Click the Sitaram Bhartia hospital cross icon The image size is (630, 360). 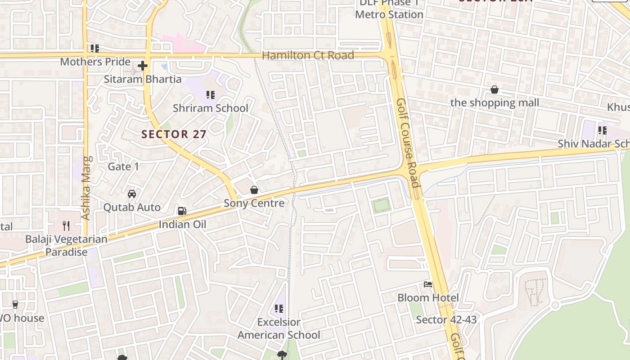coord(143,66)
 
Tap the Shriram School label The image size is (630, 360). coord(211,108)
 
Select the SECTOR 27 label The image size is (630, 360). coord(174,134)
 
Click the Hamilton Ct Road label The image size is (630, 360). coord(308,55)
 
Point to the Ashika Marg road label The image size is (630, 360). coord(87,188)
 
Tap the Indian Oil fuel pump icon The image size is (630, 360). coord(182,211)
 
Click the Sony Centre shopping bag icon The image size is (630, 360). coord(254,190)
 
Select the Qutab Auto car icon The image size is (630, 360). coord(132,194)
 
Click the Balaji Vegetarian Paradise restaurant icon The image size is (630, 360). coord(66,225)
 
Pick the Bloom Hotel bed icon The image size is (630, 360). coord(428,284)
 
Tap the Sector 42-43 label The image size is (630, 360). coord(446,320)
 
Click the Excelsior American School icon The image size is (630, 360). coord(279,309)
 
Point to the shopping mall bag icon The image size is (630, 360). coord(495,90)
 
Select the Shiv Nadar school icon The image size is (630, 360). coord(602,130)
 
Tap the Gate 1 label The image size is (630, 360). coord(123,166)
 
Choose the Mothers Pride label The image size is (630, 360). coord(95,62)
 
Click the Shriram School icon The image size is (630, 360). coord(210,95)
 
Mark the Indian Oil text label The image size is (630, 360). coord(182,224)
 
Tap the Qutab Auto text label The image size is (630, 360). coord(132,207)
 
